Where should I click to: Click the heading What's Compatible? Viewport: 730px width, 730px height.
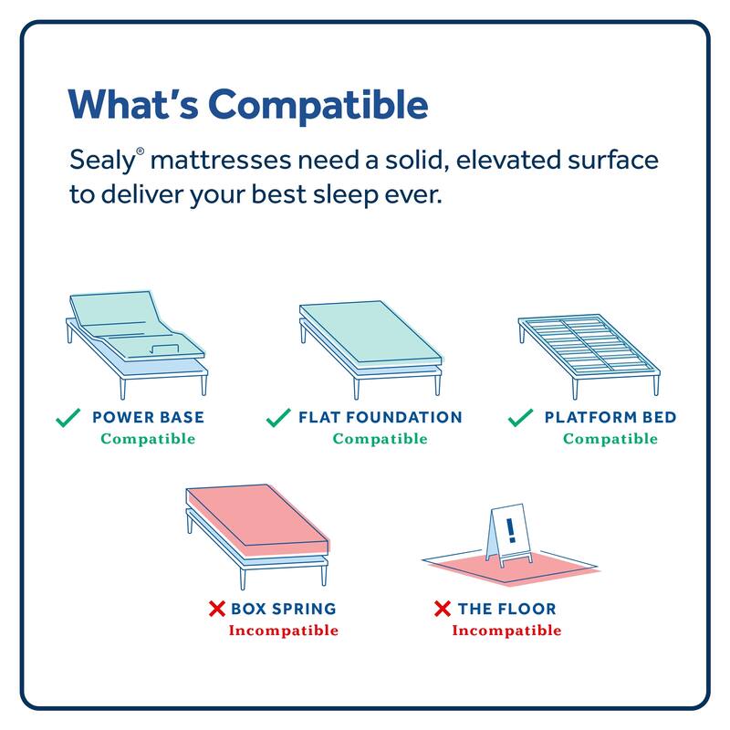tap(248, 105)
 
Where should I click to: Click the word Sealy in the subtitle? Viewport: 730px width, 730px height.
tap(102, 162)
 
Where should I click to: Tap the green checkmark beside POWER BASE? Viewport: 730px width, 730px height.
tap(68, 419)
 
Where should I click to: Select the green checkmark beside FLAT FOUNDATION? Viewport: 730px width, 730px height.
tap(277, 419)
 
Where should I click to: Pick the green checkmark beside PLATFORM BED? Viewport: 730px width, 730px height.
tap(520, 419)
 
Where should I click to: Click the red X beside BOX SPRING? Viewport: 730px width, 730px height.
tap(217, 609)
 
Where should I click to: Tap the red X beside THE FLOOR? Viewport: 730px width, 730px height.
tap(443, 609)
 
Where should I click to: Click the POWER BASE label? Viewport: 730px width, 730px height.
tap(148, 418)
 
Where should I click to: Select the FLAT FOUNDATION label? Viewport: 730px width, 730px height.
tap(380, 418)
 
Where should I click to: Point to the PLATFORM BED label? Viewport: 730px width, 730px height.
tap(610, 418)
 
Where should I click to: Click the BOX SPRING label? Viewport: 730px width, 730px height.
tap(283, 609)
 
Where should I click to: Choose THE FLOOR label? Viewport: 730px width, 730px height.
tap(506, 609)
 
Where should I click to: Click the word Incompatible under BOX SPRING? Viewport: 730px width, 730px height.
tap(283, 631)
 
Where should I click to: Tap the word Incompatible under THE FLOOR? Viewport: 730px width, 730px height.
tap(506, 631)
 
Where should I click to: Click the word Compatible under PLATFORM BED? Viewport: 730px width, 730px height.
tap(610, 439)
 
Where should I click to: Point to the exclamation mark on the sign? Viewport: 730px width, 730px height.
tap(510, 528)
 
